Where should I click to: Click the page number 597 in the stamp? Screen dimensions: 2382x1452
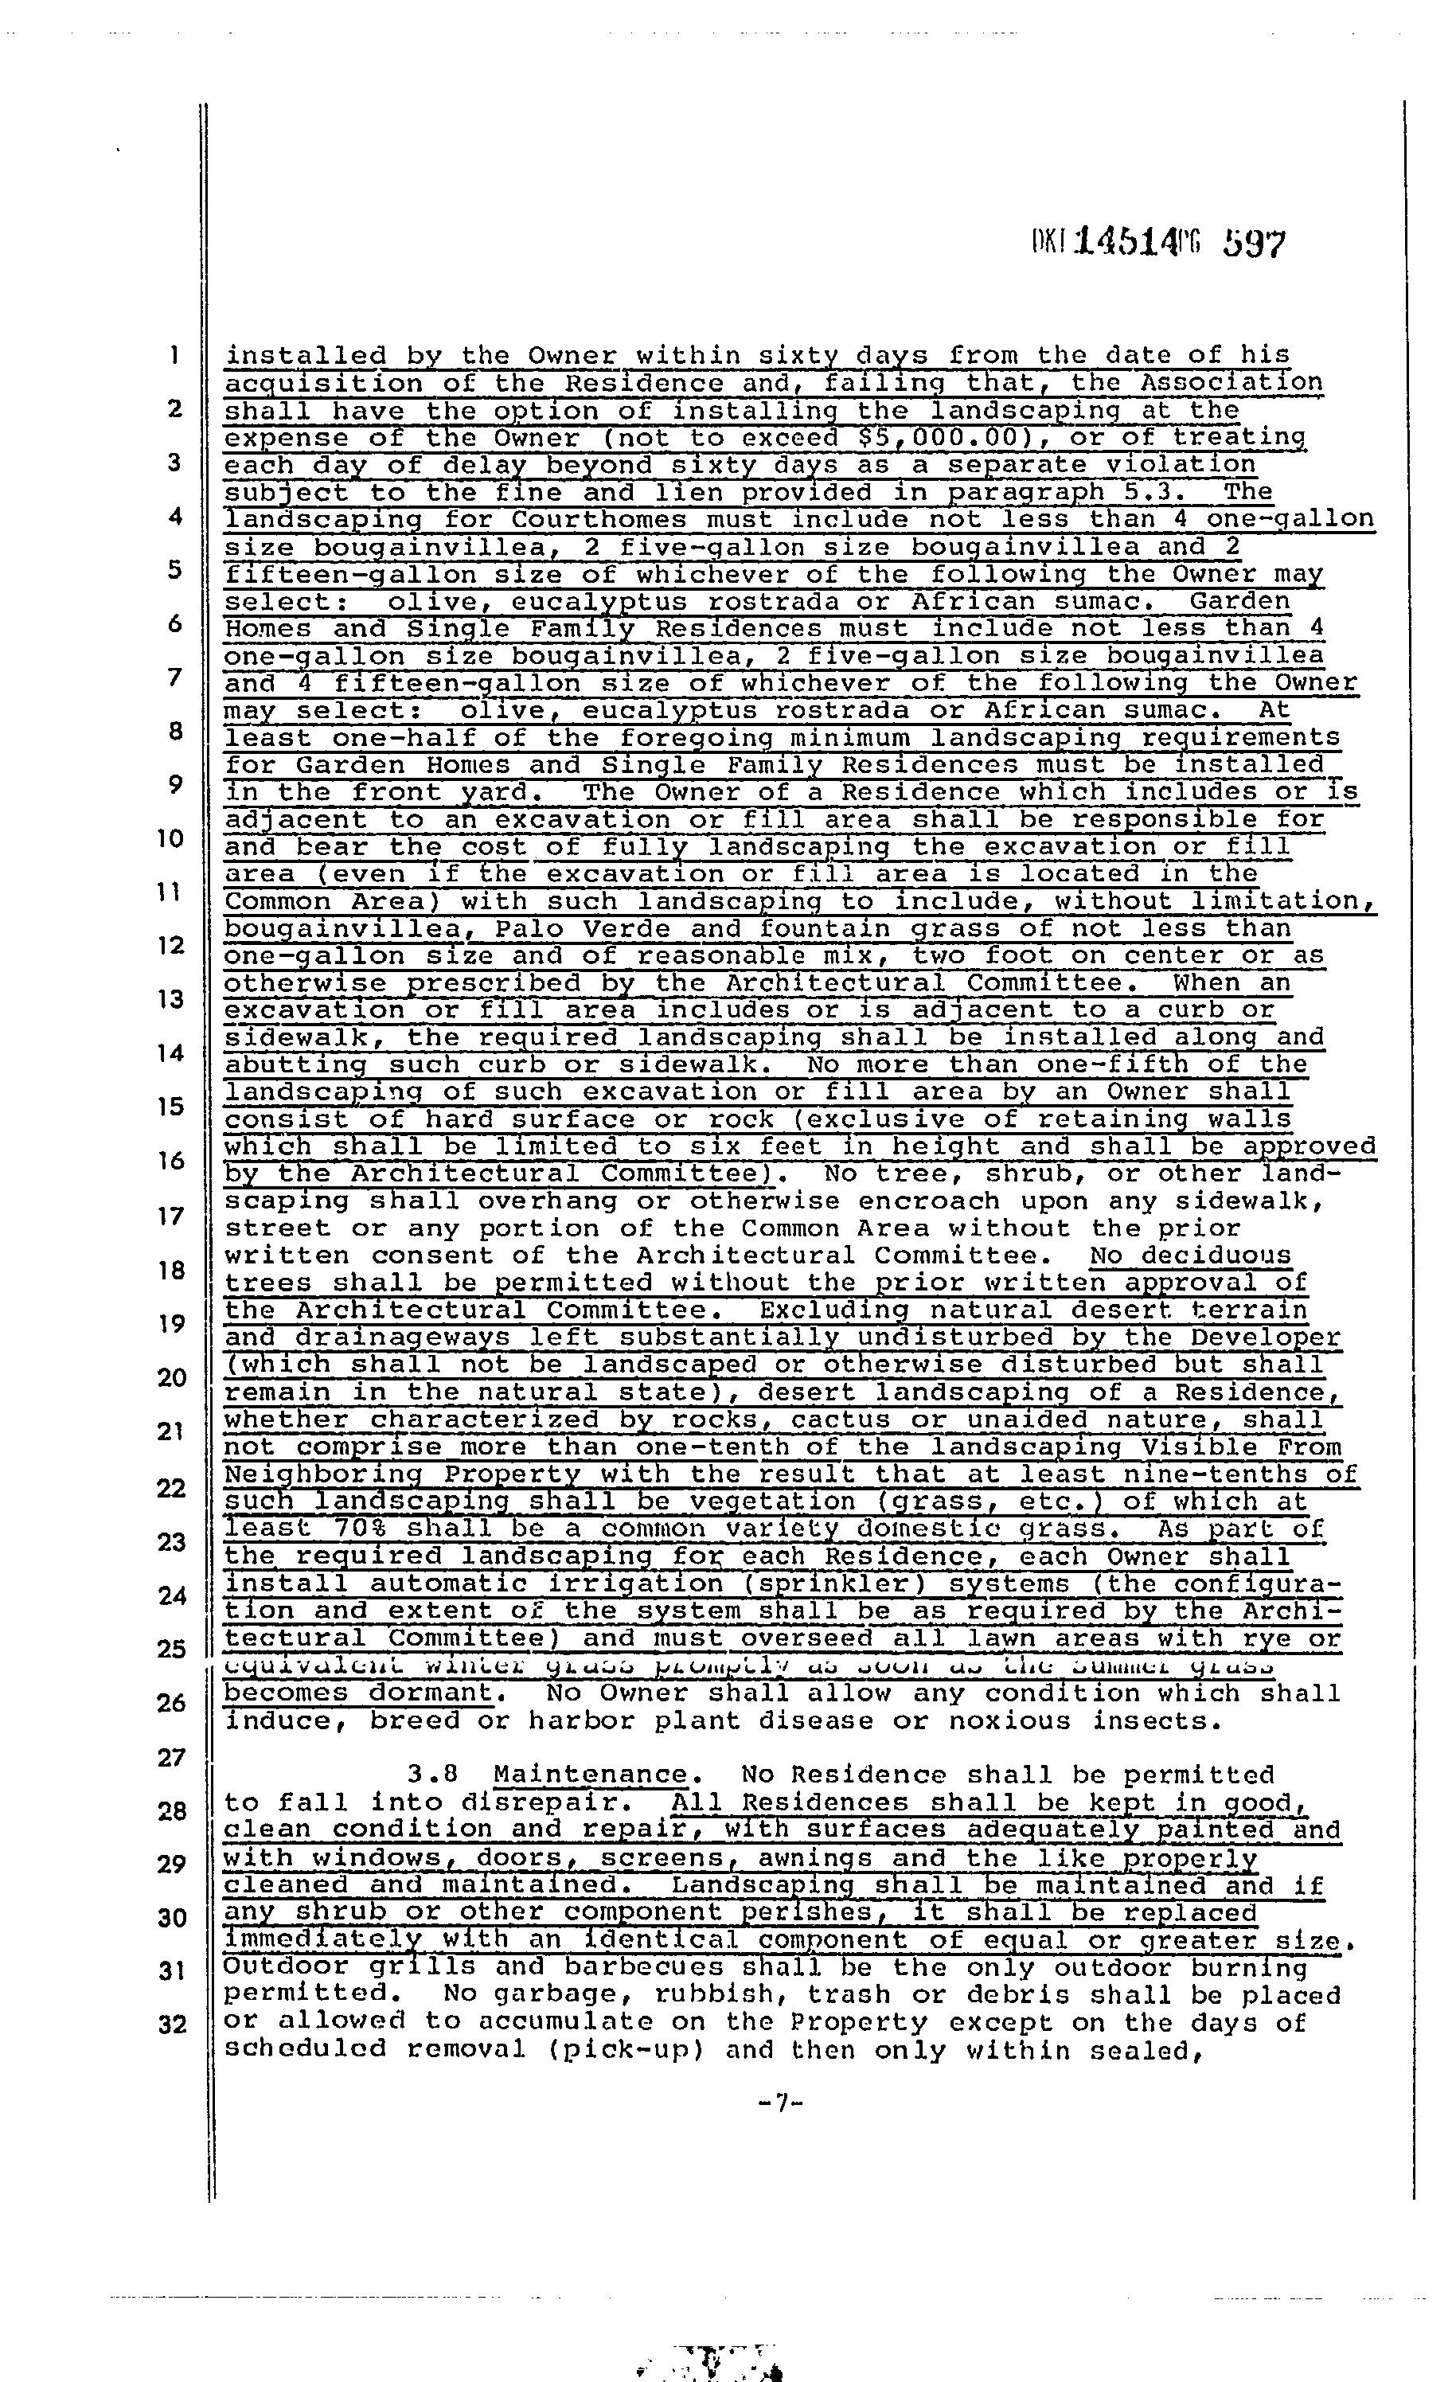click(1254, 243)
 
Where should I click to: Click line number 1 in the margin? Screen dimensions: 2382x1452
click(174, 355)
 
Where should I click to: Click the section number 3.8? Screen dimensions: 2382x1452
click(431, 1775)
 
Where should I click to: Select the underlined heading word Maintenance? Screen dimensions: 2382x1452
click(590, 1775)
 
